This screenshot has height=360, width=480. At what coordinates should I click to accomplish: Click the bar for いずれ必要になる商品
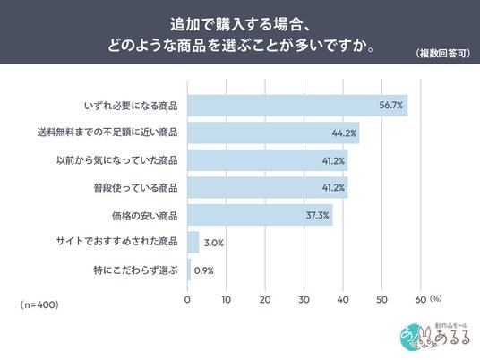point(297,106)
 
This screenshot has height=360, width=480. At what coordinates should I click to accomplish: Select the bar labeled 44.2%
point(273,133)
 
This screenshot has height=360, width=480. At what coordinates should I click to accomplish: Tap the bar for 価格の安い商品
point(261,215)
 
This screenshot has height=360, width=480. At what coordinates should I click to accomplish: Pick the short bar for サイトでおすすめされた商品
point(193,242)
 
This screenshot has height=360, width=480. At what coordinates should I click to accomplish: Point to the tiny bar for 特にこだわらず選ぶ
point(189,270)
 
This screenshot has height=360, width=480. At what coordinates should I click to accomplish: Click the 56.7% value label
point(391,106)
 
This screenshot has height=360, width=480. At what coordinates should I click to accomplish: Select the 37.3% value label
point(317,215)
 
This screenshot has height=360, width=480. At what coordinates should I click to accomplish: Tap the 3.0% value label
point(214,243)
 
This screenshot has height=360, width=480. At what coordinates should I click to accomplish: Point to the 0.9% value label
point(203,270)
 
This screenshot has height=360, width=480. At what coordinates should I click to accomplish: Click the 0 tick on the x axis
point(187,299)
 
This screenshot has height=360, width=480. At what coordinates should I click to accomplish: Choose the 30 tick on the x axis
point(304,299)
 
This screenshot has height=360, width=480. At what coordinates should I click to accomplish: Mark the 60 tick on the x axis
point(421,299)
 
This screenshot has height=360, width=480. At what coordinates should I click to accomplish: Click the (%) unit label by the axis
point(435,298)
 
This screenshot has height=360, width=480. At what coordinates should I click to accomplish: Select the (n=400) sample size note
point(39,304)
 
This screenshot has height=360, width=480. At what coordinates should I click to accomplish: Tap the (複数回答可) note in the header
point(442,53)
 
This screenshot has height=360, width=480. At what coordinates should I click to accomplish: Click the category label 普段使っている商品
point(135,188)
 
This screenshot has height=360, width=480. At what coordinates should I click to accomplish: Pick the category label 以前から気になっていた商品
point(117,160)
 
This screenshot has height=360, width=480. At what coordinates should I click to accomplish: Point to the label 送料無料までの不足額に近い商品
point(107,133)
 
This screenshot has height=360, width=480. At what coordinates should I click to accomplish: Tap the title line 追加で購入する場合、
point(241,24)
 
